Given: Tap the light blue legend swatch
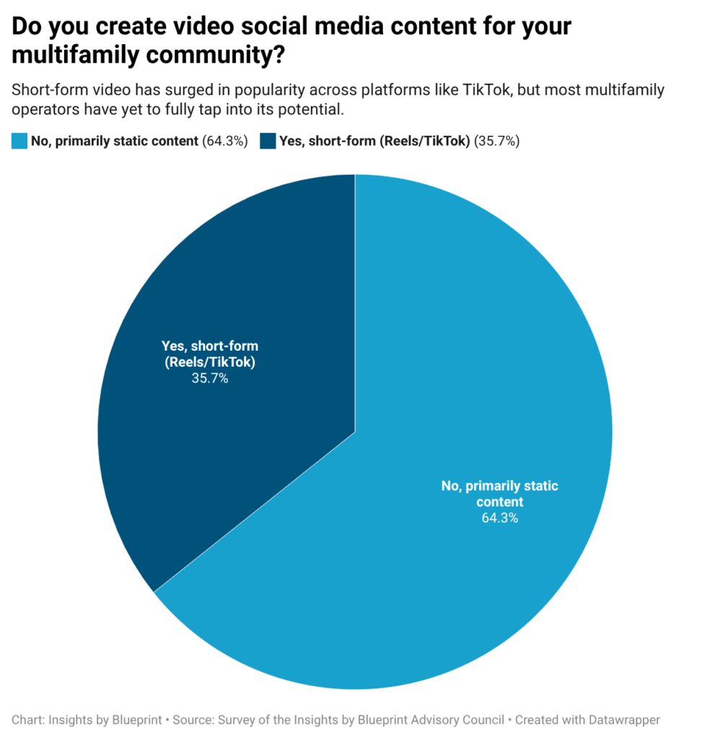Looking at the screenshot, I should [19, 141].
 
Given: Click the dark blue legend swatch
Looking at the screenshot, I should [268, 141].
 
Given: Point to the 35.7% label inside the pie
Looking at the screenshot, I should [210, 378].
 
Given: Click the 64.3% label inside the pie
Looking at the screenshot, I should [499, 517].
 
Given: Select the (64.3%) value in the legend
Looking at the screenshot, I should [224, 141].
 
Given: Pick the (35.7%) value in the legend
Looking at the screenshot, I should [496, 141].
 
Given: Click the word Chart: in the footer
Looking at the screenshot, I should [29, 720].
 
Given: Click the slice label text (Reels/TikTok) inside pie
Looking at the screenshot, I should [210, 362].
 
